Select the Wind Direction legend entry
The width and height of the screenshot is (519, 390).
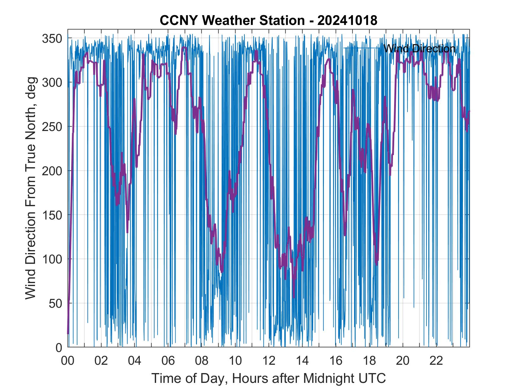pyautogui.click(x=419, y=48)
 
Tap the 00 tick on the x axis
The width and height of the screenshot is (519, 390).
pyautogui.click(x=68, y=361)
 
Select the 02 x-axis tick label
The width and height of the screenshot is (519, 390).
pyautogui.click(x=101, y=361)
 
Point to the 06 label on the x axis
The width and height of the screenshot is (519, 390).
pyautogui.click(x=168, y=361)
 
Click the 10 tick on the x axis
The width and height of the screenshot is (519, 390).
pyautogui.click(x=235, y=361)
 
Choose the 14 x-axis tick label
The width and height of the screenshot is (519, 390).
pyautogui.click(x=302, y=361)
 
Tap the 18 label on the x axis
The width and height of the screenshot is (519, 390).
pyautogui.click(x=369, y=361)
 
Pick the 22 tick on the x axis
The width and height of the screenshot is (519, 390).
pyautogui.click(x=436, y=361)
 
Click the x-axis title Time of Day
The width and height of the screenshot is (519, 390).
pyautogui.click(x=269, y=378)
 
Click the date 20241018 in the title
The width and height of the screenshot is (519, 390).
pyautogui.click(x=347, y=21)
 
